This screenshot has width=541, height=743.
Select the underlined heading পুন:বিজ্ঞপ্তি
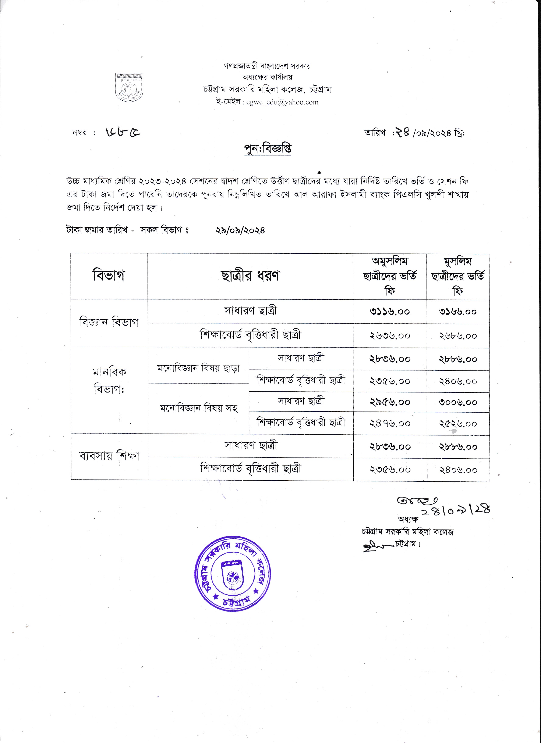268,149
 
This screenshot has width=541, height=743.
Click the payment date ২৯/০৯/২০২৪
240,230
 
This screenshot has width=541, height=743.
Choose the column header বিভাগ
109,276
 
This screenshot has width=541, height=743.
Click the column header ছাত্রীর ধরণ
250,276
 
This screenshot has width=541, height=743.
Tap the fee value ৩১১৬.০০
389,312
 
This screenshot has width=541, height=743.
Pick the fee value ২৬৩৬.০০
389,336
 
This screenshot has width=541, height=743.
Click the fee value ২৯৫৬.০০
389,402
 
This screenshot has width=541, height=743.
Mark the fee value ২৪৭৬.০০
389,423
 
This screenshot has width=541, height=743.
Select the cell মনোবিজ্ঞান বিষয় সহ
198,408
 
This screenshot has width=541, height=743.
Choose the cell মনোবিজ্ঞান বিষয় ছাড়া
198,368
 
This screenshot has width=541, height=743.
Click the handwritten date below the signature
456,510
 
